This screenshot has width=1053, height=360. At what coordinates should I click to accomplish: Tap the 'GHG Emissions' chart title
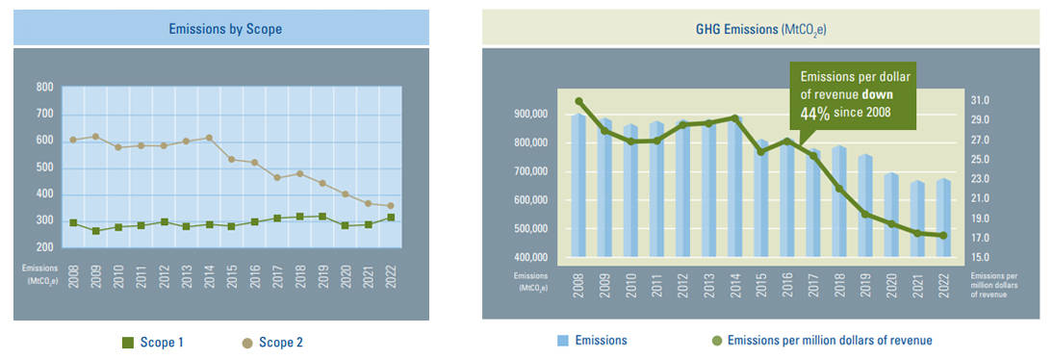(761, 30)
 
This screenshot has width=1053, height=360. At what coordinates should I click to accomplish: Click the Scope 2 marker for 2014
(209, 138)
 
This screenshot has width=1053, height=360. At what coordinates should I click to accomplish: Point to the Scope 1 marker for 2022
(390, 218)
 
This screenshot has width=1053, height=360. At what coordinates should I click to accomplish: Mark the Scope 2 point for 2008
(73, 140)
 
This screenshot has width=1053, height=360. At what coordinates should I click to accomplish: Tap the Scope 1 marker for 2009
(95, 231)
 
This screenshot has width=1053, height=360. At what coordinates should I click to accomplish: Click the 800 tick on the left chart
(44, 88)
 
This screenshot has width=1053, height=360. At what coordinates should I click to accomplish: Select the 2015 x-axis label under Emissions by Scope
(231, 281)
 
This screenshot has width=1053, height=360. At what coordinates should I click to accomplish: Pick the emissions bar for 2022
(943, 218)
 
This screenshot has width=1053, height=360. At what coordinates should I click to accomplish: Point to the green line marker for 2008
(579, 101)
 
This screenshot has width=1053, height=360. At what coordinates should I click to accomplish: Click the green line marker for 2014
(734, 118)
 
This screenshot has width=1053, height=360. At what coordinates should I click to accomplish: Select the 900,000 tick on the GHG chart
(526, 115)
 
